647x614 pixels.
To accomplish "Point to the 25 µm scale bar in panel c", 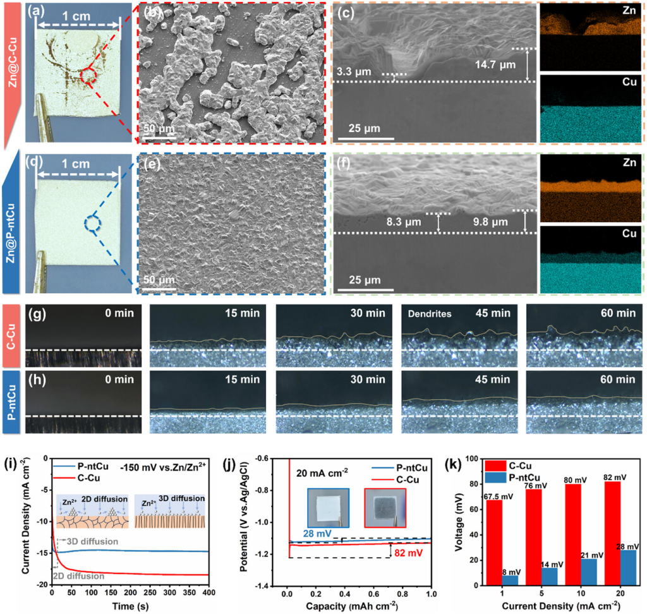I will (363, 138).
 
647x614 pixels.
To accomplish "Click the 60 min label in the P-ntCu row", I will (617, 380).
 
